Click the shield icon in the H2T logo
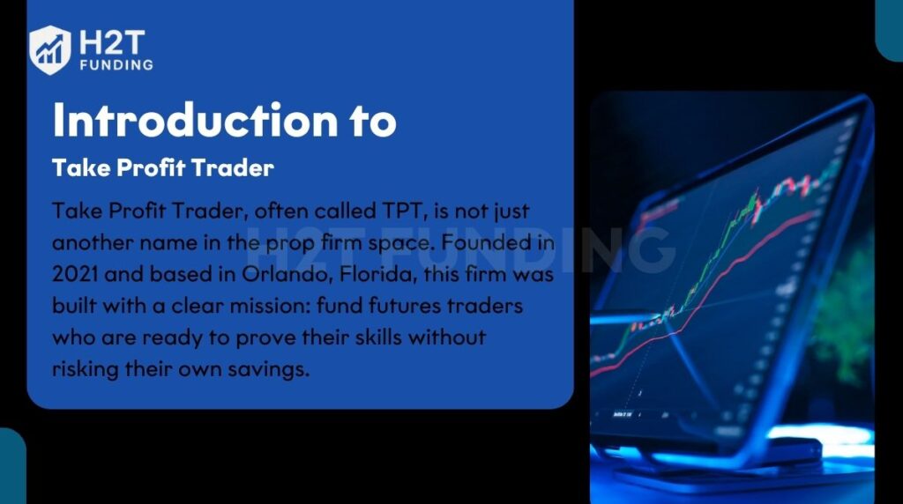coord(49,48)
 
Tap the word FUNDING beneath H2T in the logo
coord(116,64)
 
